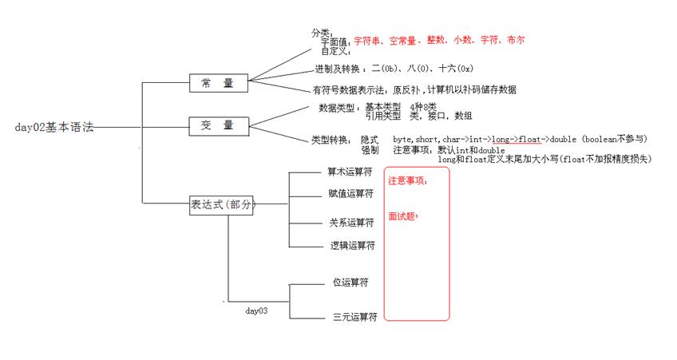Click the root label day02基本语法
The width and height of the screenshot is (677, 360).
point(53,127)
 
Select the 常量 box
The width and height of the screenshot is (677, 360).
point(218,82)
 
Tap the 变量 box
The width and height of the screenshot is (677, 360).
point(218,125)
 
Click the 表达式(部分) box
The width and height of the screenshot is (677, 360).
point(223,204)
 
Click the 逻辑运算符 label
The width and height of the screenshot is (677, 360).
point(352,246)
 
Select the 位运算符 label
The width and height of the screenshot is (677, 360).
point(350,283)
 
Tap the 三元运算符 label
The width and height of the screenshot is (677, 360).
point(354,317)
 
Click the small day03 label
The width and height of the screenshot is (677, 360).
point(256,310)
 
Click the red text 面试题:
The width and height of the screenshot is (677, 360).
point(403,216)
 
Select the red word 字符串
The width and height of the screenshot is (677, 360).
point(366,40)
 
